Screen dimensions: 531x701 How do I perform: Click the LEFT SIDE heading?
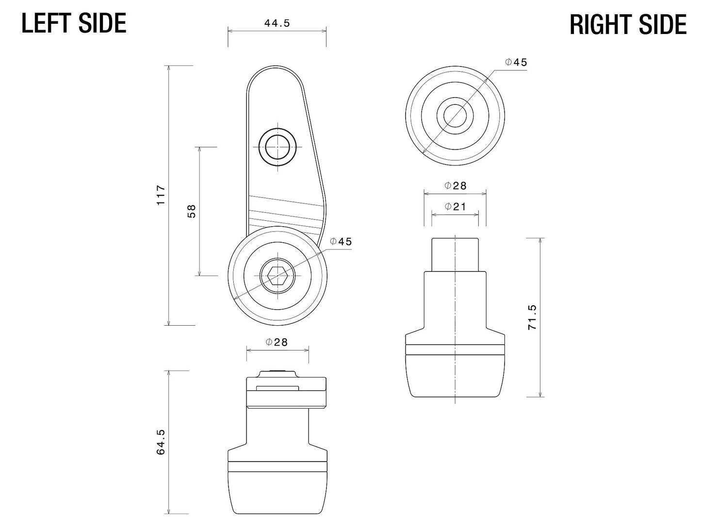tap(74, 23)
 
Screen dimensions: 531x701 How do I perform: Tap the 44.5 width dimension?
tap(277, 23)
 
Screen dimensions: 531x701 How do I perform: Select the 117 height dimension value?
tap(162, 195)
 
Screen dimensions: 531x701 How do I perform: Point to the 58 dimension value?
tap(192, 211)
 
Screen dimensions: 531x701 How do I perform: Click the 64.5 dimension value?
tap(162, 442)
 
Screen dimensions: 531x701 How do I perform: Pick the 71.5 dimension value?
tap(533, 317)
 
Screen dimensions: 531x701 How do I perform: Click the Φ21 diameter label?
tap(455, 207)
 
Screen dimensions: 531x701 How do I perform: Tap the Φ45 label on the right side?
tap(515, 62)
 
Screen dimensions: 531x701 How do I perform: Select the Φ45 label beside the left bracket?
tap(341, 242)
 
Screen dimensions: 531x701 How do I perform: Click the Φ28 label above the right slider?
tap(455, 186)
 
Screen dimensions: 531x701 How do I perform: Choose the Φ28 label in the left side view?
tap(277, 342)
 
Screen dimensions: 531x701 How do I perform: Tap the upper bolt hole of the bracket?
tap(277, 146)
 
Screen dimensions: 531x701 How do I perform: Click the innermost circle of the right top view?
tap(455, 116)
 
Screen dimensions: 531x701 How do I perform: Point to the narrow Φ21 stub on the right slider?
tap(455, 254)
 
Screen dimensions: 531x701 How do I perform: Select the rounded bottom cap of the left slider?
tap(277, 493)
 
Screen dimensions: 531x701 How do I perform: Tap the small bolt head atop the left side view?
tap(277, 373)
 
